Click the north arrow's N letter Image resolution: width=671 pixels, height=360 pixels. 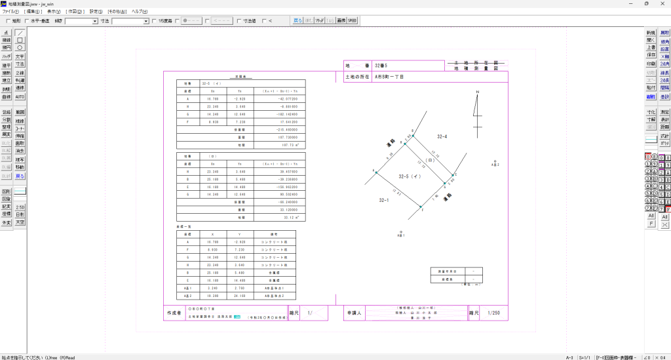[478, 92]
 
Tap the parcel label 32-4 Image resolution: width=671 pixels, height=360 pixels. [442, 136]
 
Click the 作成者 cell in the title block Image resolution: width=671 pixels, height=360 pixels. [173, 313]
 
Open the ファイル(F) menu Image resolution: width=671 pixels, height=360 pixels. [10, 12]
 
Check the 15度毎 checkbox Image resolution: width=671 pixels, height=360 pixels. [153, 21]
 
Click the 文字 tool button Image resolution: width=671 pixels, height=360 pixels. [20, 56]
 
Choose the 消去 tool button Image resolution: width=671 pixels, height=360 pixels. [20, 150]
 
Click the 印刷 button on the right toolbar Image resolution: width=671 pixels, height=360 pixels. [650, 64]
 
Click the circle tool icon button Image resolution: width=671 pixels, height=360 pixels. [20, 47]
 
